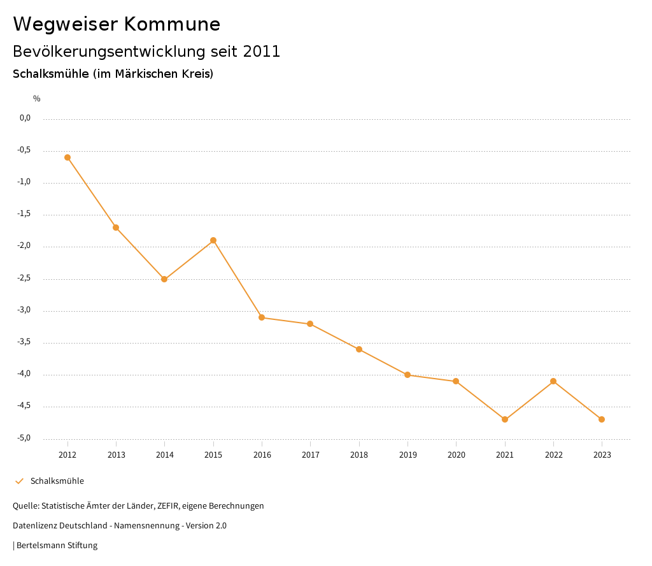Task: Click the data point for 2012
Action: coord(67,157)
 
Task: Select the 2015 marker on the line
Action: coord(213,240)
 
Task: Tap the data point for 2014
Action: coord(164,279)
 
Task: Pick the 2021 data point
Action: coord(505,419)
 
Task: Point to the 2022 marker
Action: coord(553,381)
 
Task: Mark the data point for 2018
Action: coord(359,349)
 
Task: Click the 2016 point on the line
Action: coord(262,317)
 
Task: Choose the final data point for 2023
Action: coord(602,419)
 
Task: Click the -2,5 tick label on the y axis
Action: coord(25,279)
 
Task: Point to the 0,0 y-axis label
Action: coord(25,118)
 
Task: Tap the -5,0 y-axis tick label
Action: coord(25,439)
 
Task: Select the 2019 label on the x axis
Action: coord(407,455)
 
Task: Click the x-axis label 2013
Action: coord(116,455)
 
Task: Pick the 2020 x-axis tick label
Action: coord(457,455)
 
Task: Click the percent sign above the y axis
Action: coord(37,99)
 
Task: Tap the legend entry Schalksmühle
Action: coord(57,481)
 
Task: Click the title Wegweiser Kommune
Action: coord(117,24)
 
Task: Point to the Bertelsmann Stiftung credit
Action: coord(57,546)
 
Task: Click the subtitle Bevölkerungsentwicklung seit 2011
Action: coord(146,52)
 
